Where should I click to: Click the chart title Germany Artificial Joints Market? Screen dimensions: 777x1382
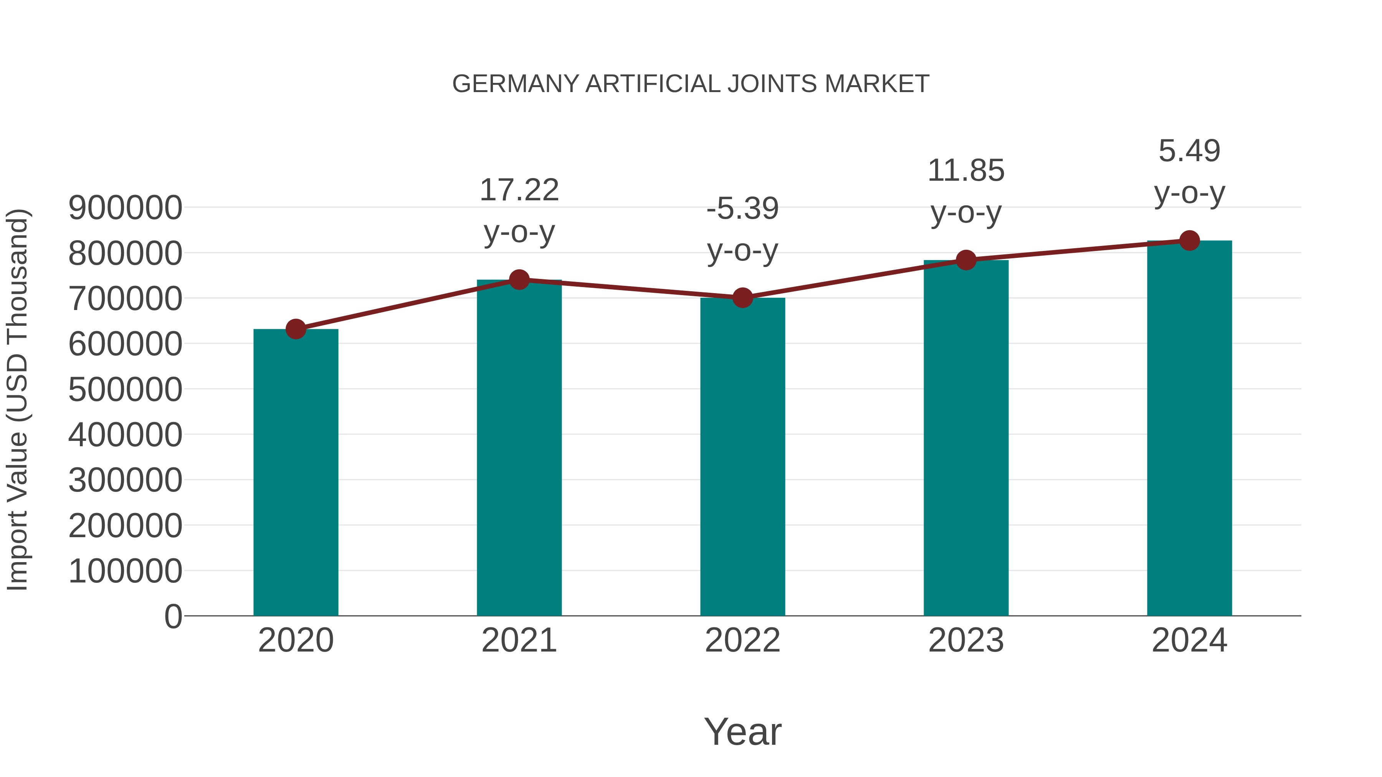click(x=691, y=84)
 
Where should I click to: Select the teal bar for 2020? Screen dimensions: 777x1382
click(x=296, y=472)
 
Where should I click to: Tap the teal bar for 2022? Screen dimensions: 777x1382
click(x=742, y=456)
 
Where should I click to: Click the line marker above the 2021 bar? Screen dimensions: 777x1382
click(x=519, y=279)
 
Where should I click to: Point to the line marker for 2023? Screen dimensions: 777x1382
click(x=966, y=260)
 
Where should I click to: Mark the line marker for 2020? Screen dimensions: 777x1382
click(x=296, y=329)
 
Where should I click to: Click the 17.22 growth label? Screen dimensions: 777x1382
click(x=519, y=190)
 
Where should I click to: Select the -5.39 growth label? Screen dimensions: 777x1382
click(x=742, y=209)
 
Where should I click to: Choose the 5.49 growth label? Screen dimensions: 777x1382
click(x=1189, y=151)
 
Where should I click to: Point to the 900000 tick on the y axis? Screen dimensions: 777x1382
click(x=125, y=208)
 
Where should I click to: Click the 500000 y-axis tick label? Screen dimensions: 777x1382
click(x=125, y=389)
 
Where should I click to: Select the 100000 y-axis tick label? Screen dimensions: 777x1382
click(x=125, y=571)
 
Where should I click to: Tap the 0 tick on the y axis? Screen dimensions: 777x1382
click(x=173, y=617)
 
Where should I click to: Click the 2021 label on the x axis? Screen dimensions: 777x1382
click(x=519, y=640)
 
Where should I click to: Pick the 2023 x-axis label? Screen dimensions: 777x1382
click(x=966, y=640)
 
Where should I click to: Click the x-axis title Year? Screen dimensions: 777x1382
click(x=742, y=731)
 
